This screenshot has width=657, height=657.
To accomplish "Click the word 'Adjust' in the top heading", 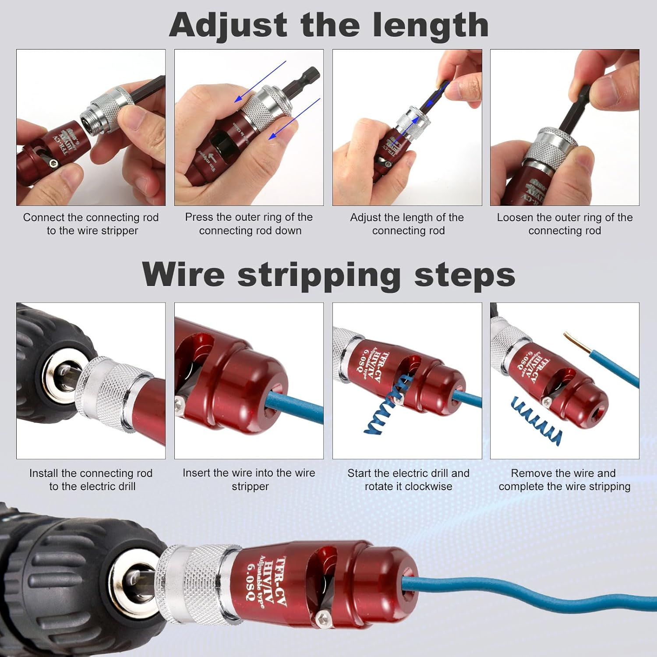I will pos(228,25).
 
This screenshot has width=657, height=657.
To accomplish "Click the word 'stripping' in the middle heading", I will pos(319,275).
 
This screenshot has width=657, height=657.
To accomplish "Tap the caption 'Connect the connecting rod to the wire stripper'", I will pos(91,224).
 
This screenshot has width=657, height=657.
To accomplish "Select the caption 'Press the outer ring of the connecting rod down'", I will pos(249,224).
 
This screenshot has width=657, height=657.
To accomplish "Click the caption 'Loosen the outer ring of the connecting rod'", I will pos(565,224).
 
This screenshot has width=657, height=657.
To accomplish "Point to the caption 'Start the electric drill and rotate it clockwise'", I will pos(408,480).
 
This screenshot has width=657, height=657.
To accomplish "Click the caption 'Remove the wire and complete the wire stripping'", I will pos(564,480).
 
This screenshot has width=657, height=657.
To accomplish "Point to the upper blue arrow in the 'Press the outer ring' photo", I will pos(261,81).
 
